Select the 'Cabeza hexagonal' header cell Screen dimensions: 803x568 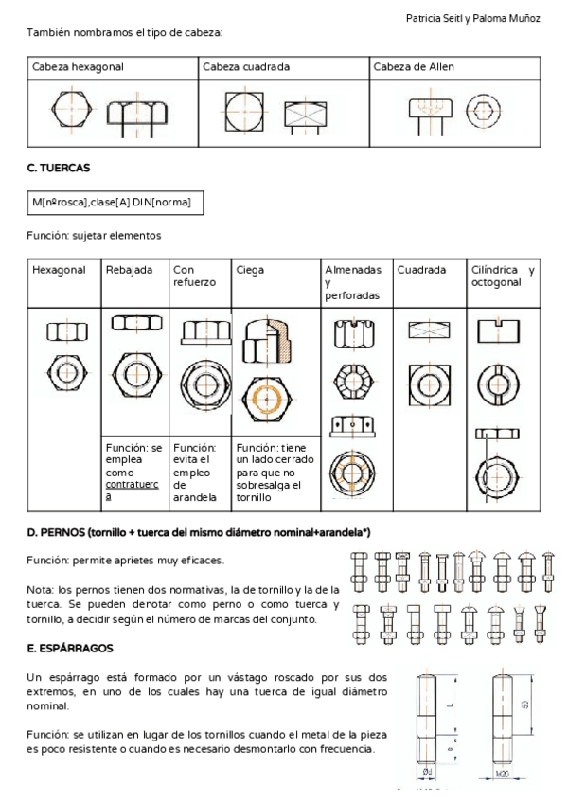[x=78, y=67]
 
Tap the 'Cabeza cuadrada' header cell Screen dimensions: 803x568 [x=246, y=67]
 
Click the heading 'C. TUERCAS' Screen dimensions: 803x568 [x=58, y=168]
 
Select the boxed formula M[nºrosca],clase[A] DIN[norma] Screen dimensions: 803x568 [x=115, y=203]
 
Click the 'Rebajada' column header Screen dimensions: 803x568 [x=129, y=270]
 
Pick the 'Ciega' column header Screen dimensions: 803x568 [x=251, y=270]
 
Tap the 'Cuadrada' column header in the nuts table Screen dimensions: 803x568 [x=421, y=270]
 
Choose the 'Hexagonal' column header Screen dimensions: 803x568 [x=59, y=270]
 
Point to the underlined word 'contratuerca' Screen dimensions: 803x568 [x=127, y=487]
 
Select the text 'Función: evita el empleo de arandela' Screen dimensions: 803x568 [x=199, y=472]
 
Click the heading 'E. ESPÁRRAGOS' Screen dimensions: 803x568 [x=69, y=649]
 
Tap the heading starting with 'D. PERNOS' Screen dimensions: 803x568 [x=198, y=534]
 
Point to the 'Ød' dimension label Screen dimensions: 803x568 [x=428, y=772]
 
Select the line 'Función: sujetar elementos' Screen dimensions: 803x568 [x=94, y=235]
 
